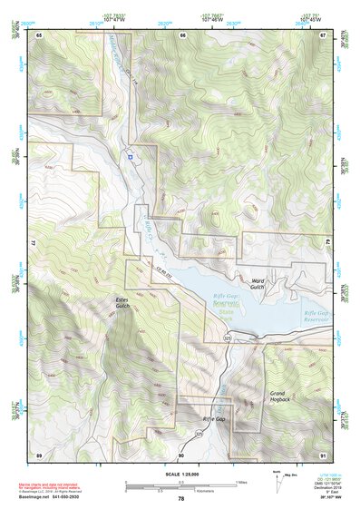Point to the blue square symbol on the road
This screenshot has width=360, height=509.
pos(131,157)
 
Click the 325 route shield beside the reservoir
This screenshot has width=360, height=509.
pos(228,338)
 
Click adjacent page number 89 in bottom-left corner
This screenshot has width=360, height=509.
pos(39,454)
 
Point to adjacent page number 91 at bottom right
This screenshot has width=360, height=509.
pos(324,454)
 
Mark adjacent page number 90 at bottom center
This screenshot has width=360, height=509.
pos(181,454)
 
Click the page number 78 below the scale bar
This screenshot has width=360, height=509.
pos(180,498)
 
